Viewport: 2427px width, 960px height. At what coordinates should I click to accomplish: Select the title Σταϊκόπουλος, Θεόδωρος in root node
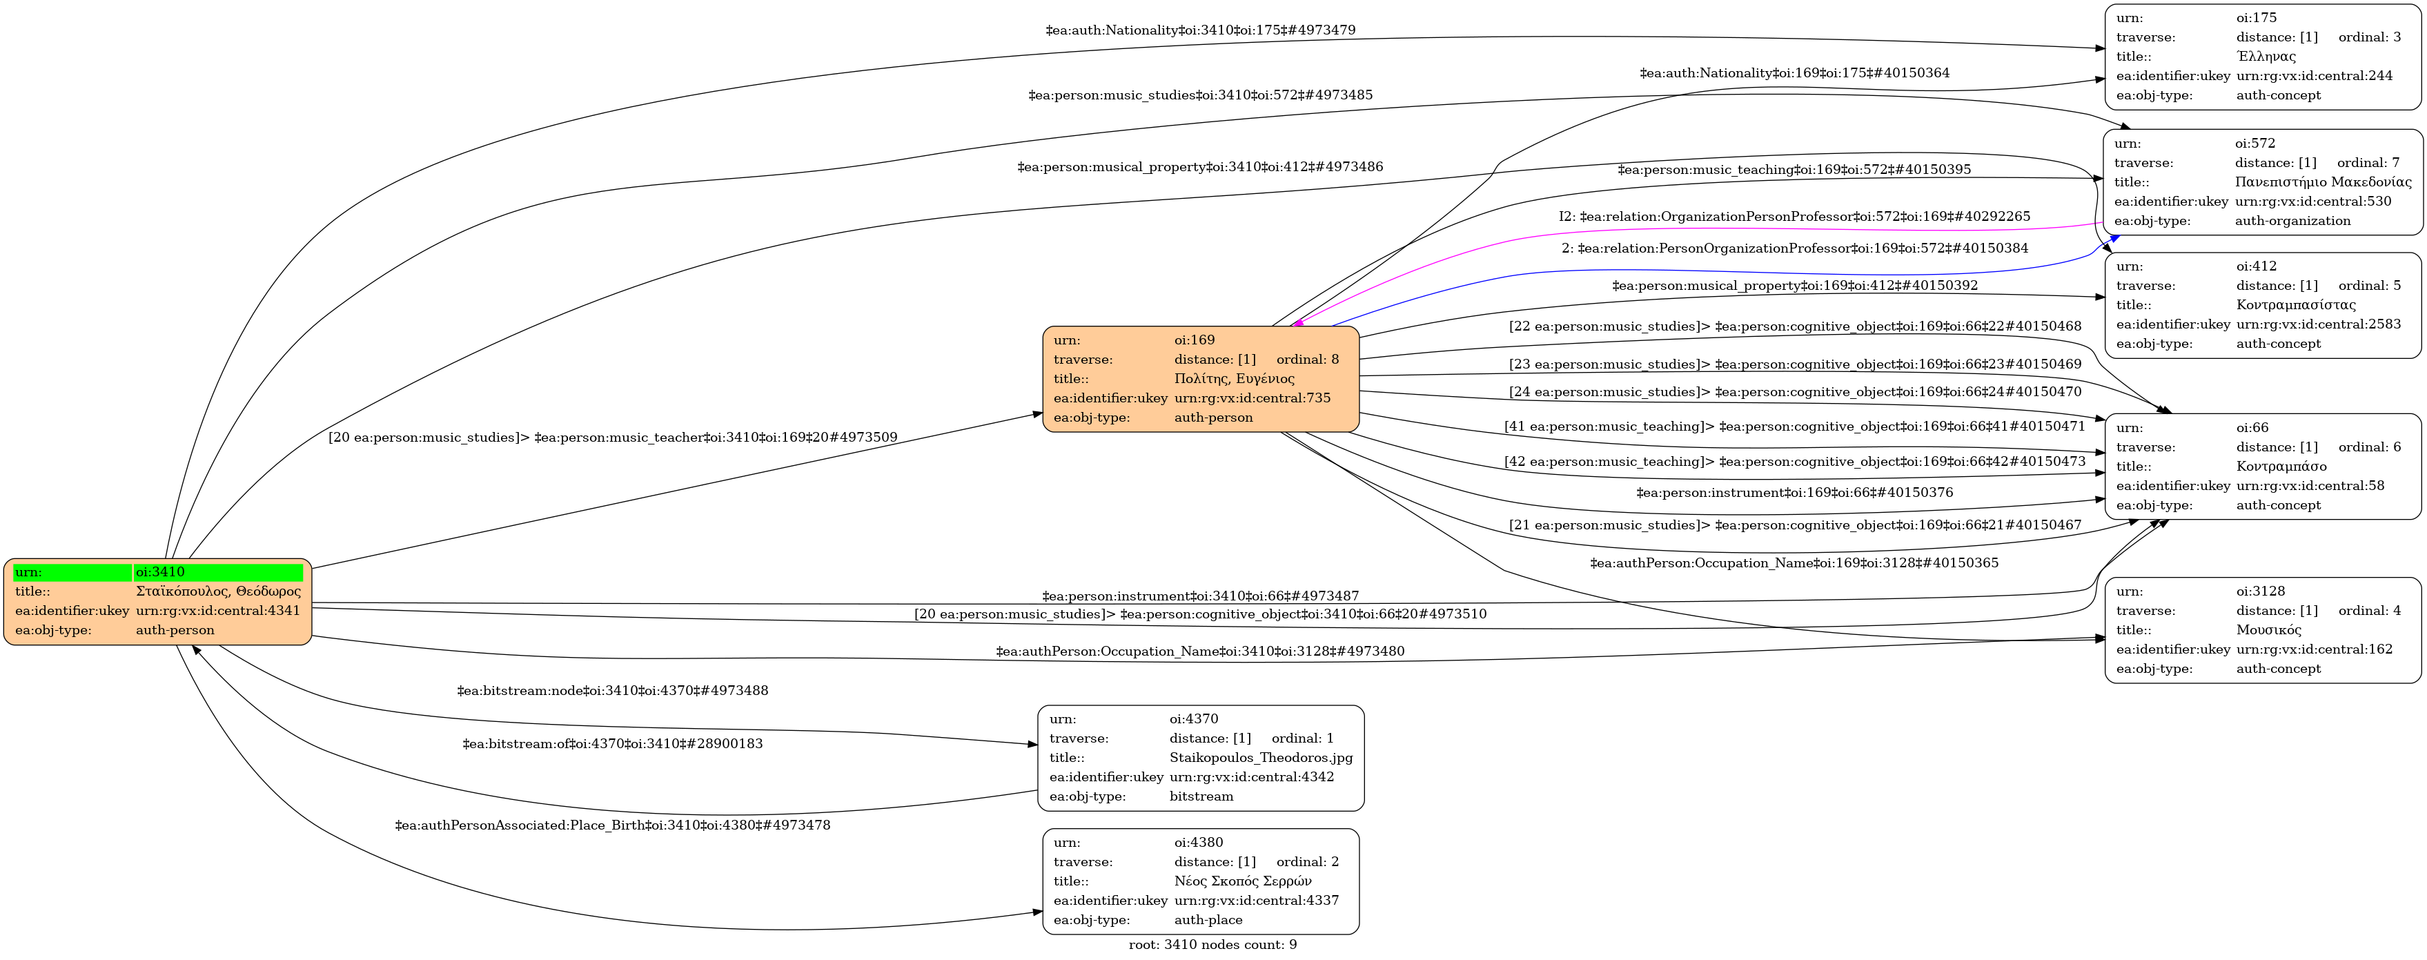click(217, 591)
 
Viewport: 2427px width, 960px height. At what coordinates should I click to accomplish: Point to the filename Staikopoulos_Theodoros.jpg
click(1261, 758)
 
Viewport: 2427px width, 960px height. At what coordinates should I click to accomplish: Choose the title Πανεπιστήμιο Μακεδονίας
click(2322, 182)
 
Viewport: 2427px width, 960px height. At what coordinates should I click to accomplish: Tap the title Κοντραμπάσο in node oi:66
click(2280, 467)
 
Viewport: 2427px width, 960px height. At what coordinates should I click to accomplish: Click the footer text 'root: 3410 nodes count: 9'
click(1212, 945)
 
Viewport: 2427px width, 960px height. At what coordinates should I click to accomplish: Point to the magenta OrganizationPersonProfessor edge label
click(1794, 217)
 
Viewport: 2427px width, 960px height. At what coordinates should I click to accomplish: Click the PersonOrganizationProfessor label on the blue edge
click(1794, 248)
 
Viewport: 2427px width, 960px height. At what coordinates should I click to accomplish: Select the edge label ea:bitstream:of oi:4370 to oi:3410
click(612, 744)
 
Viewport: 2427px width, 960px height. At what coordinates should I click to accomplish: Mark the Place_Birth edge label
click(612, 826)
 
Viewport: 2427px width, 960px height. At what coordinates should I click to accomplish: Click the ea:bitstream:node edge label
click(612, 691)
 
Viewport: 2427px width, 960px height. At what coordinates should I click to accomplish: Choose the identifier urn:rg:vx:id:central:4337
click(1256, 901)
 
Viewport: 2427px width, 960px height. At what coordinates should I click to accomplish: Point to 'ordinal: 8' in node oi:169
click(1307, 360)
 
